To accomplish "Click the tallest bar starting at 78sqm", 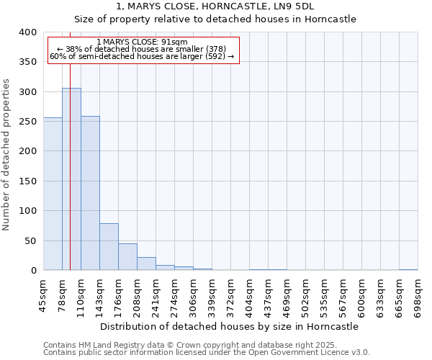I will coord(71,179).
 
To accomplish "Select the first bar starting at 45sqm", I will coord(53,194).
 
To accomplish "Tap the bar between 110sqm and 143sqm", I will coord(90,194).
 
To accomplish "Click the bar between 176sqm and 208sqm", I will coord(127,257).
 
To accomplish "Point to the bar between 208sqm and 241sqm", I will coord(146,264).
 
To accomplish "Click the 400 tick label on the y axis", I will coord(28,32).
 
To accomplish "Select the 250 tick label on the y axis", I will coord(28,122).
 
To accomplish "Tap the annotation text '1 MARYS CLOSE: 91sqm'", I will coord(142,42).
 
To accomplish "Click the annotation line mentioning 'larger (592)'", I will coord(142,56).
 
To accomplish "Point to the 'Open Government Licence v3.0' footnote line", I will coord(207,353).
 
